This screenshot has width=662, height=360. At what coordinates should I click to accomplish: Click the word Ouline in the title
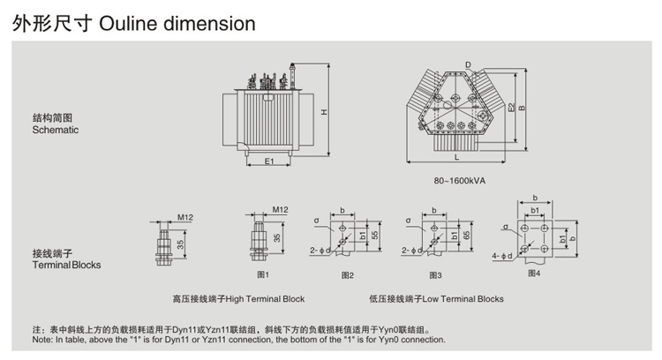(138, 24)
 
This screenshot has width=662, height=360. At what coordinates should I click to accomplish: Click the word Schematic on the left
(56, 130)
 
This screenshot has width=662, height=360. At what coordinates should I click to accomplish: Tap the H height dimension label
(324, 112)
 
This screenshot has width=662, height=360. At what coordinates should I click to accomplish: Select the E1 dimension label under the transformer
(270, 161)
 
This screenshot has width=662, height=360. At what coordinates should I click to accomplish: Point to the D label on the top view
(469, 64)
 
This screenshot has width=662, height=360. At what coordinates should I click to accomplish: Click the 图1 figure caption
(262, 274)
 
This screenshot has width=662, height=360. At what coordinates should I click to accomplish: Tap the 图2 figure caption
(347, 275)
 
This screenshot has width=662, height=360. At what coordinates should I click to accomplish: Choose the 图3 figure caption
(434, 275)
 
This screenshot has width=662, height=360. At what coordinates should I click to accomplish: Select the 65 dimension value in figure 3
(465, 236)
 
